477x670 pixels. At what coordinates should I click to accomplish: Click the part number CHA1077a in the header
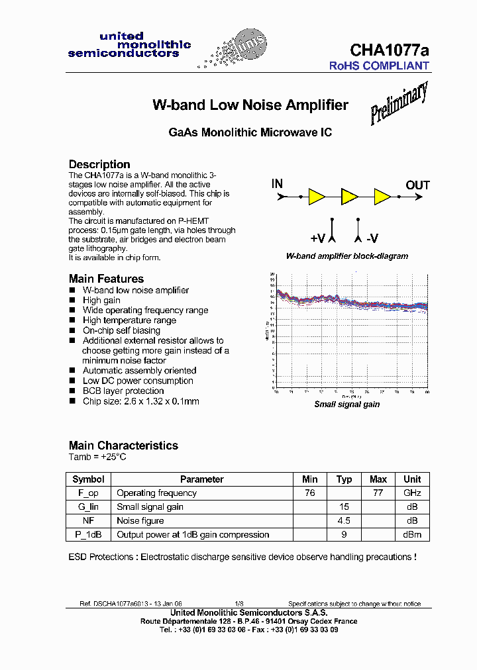point(389,50)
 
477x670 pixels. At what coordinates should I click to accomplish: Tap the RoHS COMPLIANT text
point(380,66)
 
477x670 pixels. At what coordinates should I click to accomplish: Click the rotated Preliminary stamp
point(398,103)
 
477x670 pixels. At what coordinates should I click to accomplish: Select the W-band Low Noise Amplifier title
point(250,105)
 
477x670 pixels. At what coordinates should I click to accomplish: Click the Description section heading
point(99,164)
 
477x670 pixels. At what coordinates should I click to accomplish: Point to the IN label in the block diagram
point(277,184)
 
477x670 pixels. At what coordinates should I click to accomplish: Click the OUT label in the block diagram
point(417,185)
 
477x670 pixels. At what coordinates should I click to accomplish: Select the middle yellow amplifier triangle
point(348,197)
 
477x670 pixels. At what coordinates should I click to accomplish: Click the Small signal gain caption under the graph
point(346,405)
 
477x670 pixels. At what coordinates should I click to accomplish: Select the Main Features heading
point(106,279)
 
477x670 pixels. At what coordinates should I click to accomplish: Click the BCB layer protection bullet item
point(123,391)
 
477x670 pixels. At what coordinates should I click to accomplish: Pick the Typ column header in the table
point(344,479)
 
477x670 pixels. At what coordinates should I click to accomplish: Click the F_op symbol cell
point(88,493)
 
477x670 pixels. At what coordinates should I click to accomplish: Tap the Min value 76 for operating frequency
point(309,493)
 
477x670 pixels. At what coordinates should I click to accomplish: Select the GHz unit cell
point(412,493)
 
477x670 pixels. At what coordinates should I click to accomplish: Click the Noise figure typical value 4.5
point(344,521)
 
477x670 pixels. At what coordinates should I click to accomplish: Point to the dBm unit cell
point(412,535)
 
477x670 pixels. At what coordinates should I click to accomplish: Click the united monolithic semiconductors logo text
point(129,45)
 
